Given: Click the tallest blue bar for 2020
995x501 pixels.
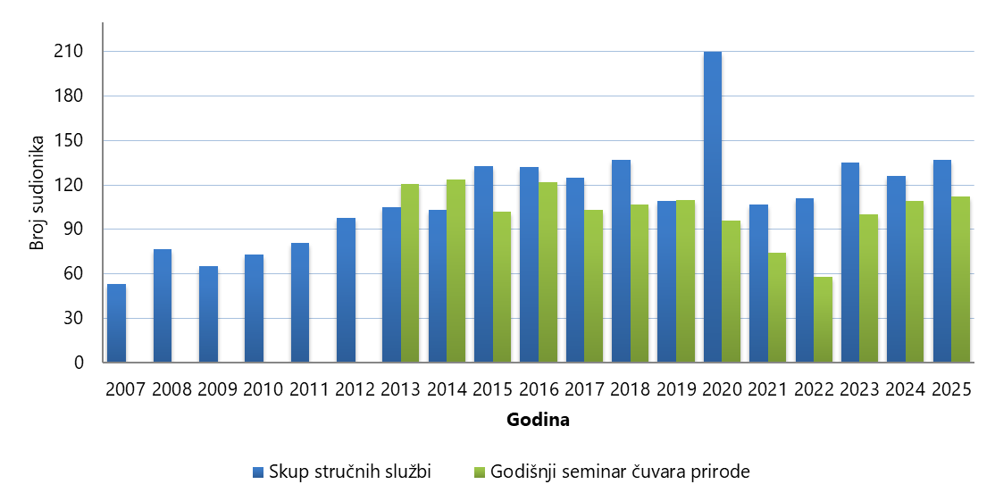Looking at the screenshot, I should (712, 207).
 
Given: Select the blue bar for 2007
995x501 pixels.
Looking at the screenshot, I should (116, 323).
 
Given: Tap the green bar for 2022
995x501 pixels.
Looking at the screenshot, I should (823, 320).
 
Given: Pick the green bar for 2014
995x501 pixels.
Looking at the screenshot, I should (456, 271).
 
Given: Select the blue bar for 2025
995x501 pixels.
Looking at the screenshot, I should (941, 262).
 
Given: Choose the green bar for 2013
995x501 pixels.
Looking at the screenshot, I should (410, 273).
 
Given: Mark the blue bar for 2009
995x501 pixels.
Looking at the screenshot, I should (208, 314).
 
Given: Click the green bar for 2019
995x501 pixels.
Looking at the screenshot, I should (685, 281).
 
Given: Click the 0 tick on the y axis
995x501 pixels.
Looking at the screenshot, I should (80, 363).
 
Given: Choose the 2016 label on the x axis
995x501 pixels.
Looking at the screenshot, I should (538, 390).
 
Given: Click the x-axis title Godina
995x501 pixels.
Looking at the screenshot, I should (538, 419).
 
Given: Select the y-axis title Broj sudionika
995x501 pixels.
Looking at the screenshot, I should (37, 192).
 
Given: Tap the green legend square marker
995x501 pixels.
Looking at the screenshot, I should (480, 472).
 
